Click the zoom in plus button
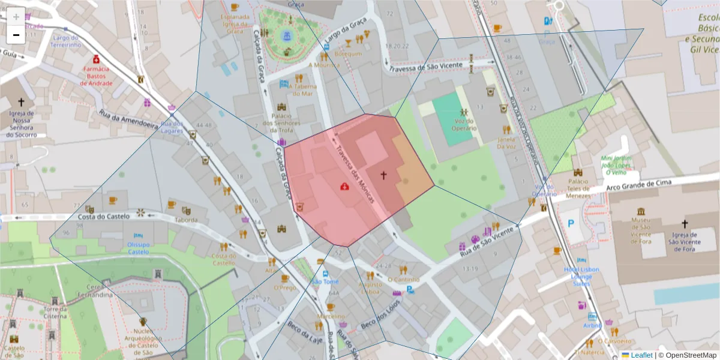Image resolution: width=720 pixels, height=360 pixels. click(16, 17)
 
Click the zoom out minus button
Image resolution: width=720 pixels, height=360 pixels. click(16, 35)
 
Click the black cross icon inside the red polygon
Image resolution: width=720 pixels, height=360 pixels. click(383, 175)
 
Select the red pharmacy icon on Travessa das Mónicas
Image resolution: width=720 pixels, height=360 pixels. click(344, 187)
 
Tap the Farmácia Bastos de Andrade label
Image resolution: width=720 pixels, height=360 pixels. click(96, 76)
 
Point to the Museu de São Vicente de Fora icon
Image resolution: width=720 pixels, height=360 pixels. click(641, 212)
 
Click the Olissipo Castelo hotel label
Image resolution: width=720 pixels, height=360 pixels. click(139, 248)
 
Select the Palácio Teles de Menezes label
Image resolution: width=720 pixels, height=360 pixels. click(577, 187)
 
